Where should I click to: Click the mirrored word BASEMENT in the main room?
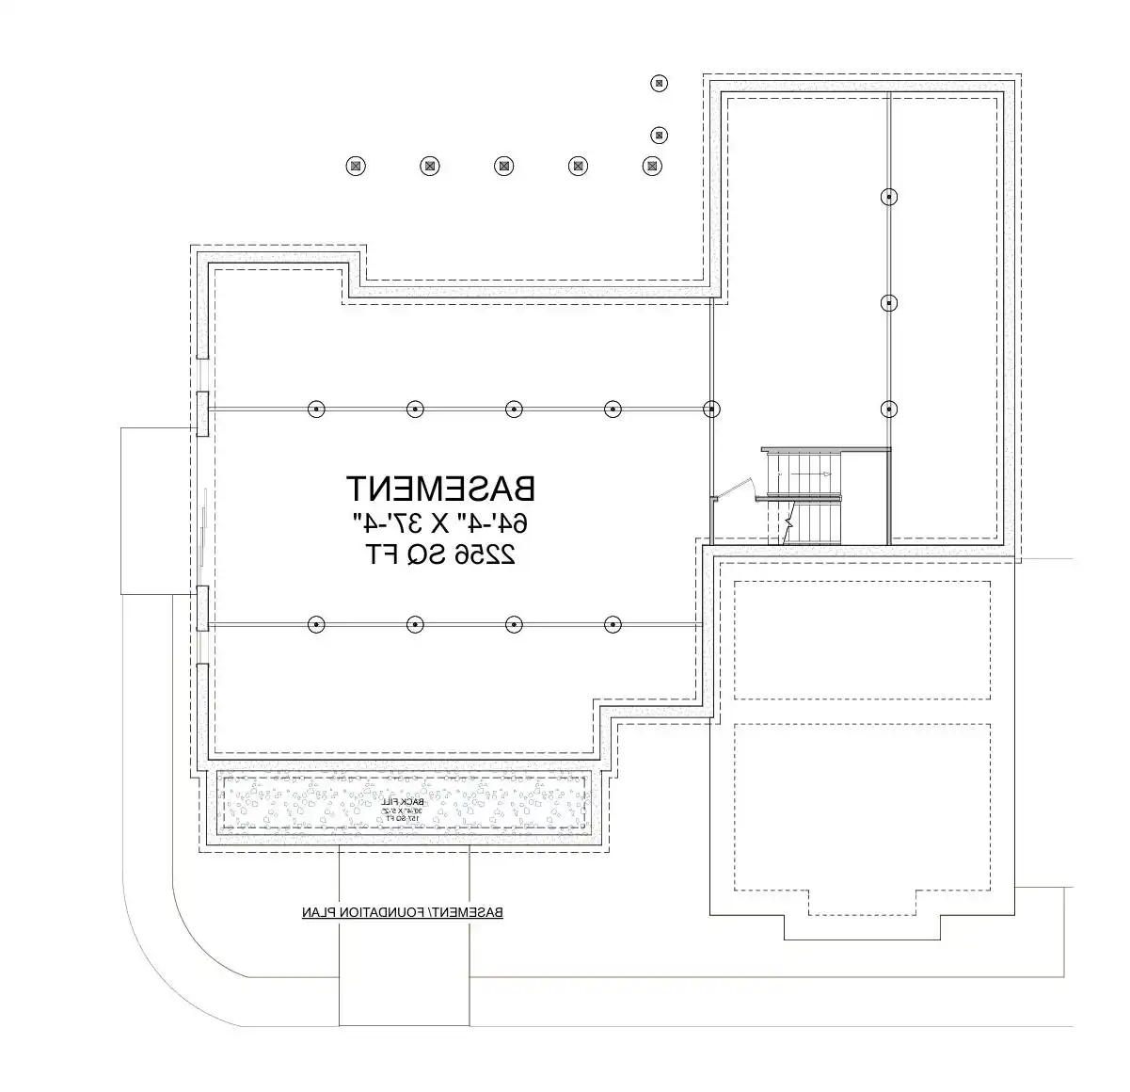[440, 488]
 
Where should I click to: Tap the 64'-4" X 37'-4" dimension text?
[440, 522]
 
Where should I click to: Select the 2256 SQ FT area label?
[440, 554]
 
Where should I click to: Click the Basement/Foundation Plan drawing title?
[402, 912]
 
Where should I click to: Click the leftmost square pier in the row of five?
[355, 166]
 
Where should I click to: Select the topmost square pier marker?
[659, 83]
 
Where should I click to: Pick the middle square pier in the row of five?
[504, 166]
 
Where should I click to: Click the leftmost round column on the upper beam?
[316, 409]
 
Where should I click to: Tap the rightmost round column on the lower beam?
[613, 623]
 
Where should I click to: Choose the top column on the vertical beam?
[888, 197]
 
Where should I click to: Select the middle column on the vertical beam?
[888, 302]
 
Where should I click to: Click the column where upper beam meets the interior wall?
[712, 409]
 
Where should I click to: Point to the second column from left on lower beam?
[415, 623]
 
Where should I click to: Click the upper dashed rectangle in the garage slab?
[861, 640]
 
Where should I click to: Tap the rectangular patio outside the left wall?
[159, 510]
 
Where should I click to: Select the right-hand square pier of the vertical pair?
[660, 135]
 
